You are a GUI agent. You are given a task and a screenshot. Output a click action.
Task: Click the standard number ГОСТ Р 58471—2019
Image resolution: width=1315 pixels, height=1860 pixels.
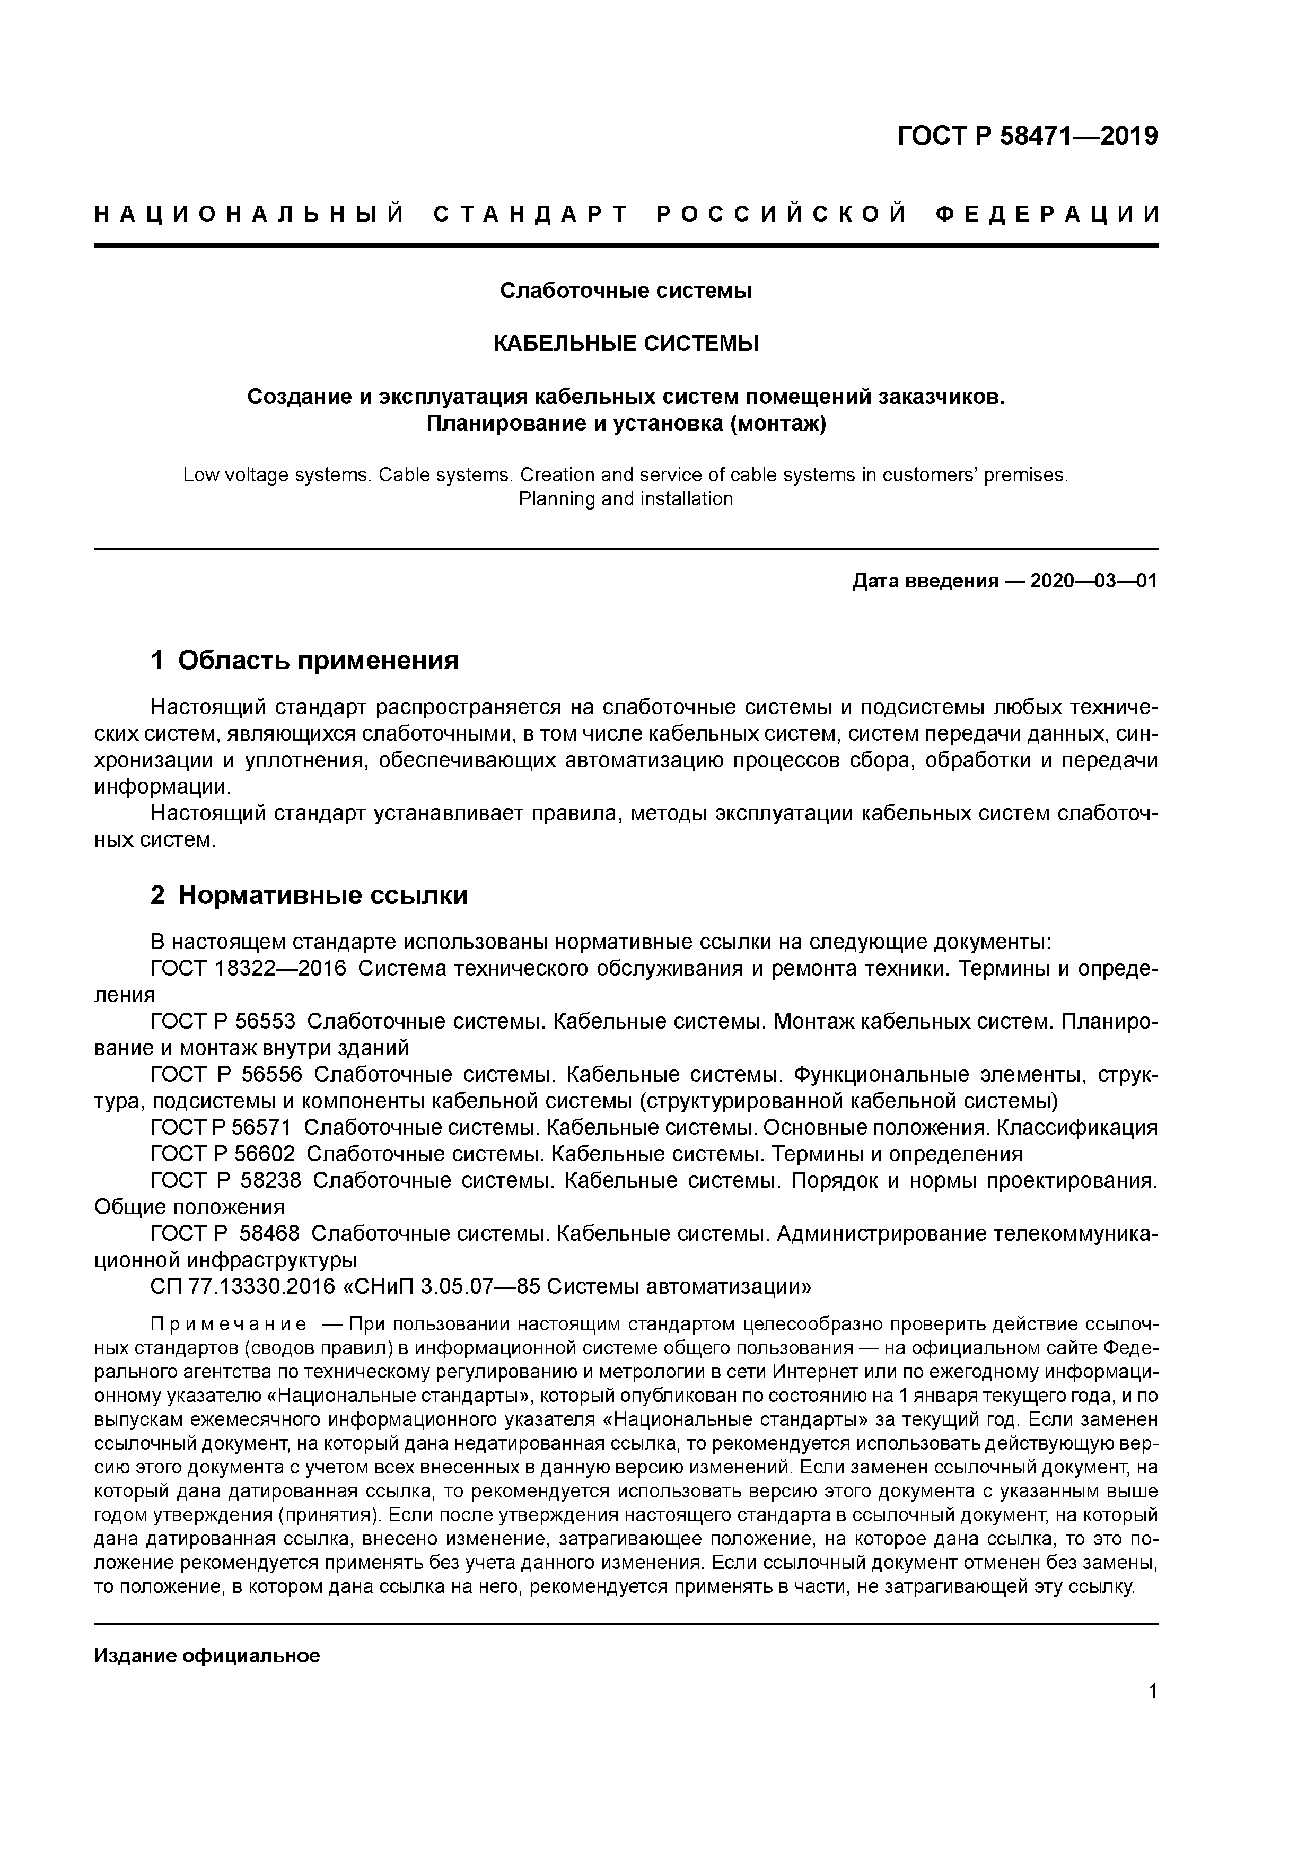[1028, 136]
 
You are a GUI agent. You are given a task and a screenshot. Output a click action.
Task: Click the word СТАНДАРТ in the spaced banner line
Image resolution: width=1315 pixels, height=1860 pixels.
[531, 215]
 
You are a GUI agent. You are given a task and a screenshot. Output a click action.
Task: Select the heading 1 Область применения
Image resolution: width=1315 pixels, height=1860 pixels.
[305, 660]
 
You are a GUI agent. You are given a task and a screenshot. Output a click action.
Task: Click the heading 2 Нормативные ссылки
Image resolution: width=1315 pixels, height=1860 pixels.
[310, 895]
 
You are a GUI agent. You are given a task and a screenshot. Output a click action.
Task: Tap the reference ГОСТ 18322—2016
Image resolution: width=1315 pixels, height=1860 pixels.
[248, 969]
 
